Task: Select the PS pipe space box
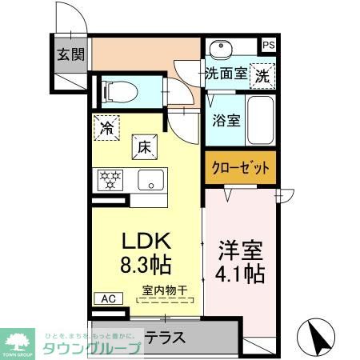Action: [x=270, y=46]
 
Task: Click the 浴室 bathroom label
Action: [x=226, y=121]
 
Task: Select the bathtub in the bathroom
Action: [x=260, y=119]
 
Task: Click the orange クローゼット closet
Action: [x=241, y=169]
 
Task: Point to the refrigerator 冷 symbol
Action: [x=106, y=127]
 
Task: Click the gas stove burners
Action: [x=110, y=180]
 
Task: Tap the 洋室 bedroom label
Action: [x=241, y=249]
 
